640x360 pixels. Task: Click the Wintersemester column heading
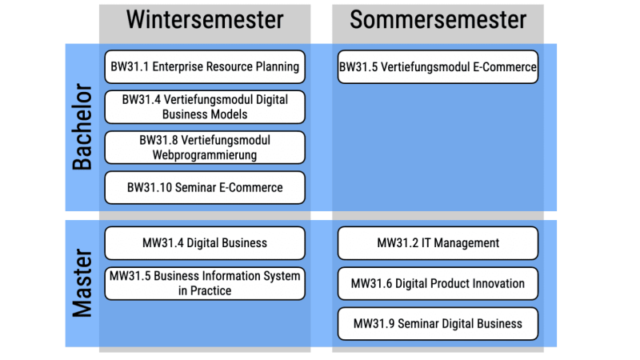(205, 19)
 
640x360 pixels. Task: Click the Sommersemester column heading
(438, 19)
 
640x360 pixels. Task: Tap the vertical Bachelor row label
(82, 127)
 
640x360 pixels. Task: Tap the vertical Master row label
(82, 283)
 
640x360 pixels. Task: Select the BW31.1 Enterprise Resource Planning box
(205, 67)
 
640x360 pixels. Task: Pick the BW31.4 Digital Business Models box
(205, 107)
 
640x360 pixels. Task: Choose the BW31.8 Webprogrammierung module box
(205, 147)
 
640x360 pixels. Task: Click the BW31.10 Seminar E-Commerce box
(205, 188)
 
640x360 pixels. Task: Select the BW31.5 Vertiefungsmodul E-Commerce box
(438, 67)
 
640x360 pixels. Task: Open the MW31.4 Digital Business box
(205, 243)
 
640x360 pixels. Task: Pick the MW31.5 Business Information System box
(205, 284)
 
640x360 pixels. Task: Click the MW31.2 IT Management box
(438, 243)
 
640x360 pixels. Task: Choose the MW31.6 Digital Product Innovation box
(438, 284)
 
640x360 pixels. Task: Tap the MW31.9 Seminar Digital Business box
(438, 324)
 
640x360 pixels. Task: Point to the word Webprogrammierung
(205, 155)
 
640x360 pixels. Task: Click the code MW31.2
(398, 243)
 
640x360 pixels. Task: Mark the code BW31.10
(150, 188)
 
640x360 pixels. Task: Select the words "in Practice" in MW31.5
(205, 291)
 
